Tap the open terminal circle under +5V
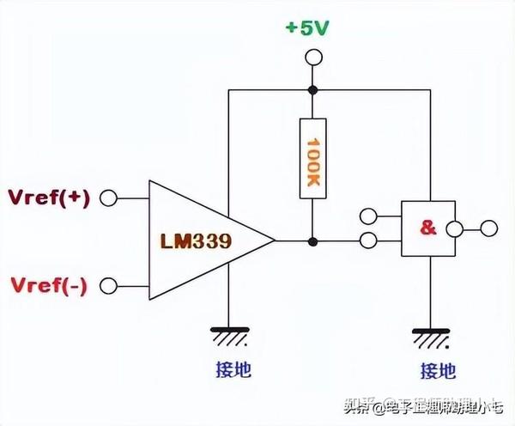pyautogui.click(x=312, y=58)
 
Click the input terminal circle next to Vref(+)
pyautogui.click(x=108, y=198)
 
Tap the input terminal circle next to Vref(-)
pyautogui.click(x=108, y=285)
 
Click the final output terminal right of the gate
pyautogui.click(x=489, y=228)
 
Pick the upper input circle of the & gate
pyautogui.click(x=369, y=216)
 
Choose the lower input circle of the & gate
pyautogui.click(x=369, y=241)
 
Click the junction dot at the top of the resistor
pyautogui.click(x=312, y=89)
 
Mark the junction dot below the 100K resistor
pyautogui.click(x=312, y=241)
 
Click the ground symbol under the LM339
pyautogui.click(x=227, y=338)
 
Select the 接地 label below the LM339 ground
pyautogui.click(x=227, y=370)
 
